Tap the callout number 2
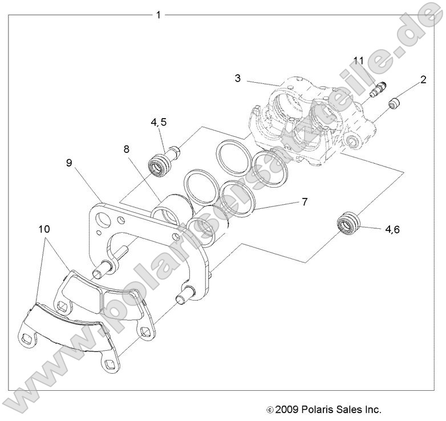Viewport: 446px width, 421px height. tap(423, 80)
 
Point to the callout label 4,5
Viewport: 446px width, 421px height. tap(159, 122)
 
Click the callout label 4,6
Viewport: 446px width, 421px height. tap(392, 229)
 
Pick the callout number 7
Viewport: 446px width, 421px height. tap(305, 201)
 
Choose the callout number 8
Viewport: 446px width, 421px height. tap(127, 150)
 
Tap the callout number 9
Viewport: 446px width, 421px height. tap(68, 163)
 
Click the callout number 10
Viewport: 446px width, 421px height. tap(44, 229)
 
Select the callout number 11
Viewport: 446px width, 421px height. tap(358, 60)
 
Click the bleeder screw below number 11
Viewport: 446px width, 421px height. tap(377, 90)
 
